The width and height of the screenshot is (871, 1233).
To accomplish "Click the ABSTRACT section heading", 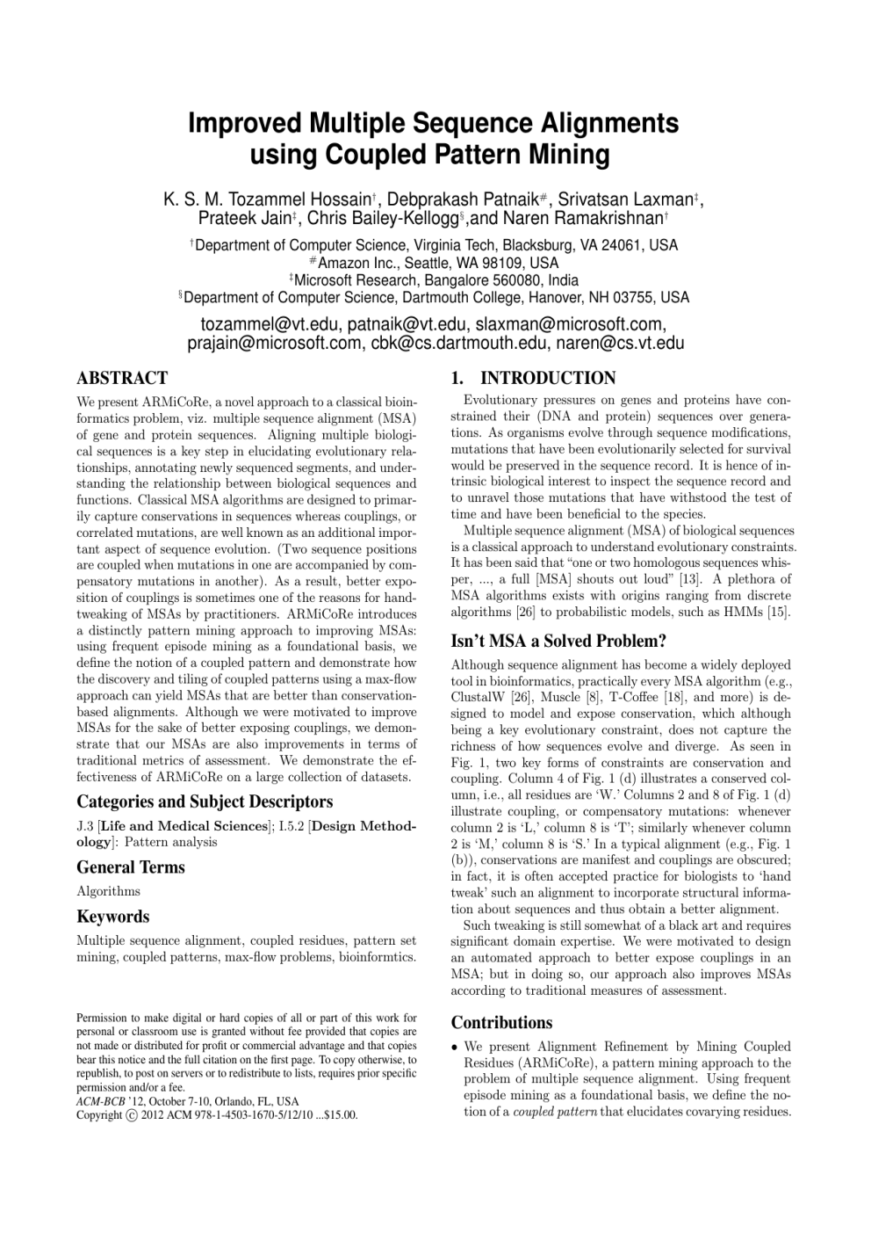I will coord(122,379).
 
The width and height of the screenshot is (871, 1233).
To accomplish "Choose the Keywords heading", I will coord(113,917).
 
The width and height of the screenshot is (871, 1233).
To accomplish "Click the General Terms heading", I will coord(131,867).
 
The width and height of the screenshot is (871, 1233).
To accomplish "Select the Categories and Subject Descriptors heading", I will coord(205,801).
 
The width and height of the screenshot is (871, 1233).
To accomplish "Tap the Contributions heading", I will coord(501,1023).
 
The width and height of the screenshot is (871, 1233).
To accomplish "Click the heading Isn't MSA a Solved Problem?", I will coord(558,641).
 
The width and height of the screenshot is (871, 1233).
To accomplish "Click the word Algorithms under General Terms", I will coord(108,891).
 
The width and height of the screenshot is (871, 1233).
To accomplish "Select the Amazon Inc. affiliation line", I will coord(437,263).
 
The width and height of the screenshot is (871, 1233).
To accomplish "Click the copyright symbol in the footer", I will coord(132,1115).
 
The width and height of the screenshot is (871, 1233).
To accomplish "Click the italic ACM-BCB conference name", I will coord(100,1101).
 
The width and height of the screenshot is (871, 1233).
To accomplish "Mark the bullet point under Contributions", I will coord(454,1048).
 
